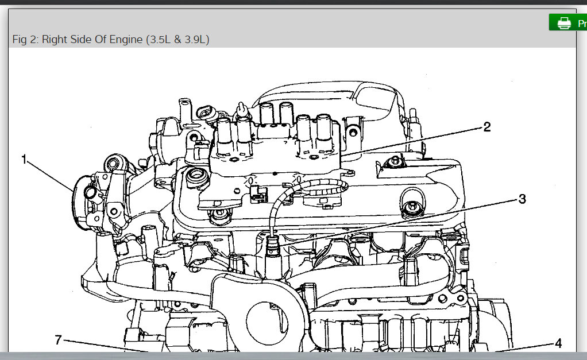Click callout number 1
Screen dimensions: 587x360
(x=24, y=160)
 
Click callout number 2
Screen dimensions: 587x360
(x=486, y=127)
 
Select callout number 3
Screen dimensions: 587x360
(x=522, y=199)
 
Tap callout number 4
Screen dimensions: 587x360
(x=558, y=343)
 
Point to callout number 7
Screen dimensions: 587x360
(x=58, y=340)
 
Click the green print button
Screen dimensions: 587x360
(x=568, y=22)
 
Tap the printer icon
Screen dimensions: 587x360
(x=564, y=23)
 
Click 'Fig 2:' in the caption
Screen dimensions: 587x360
(x=25, y=39)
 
